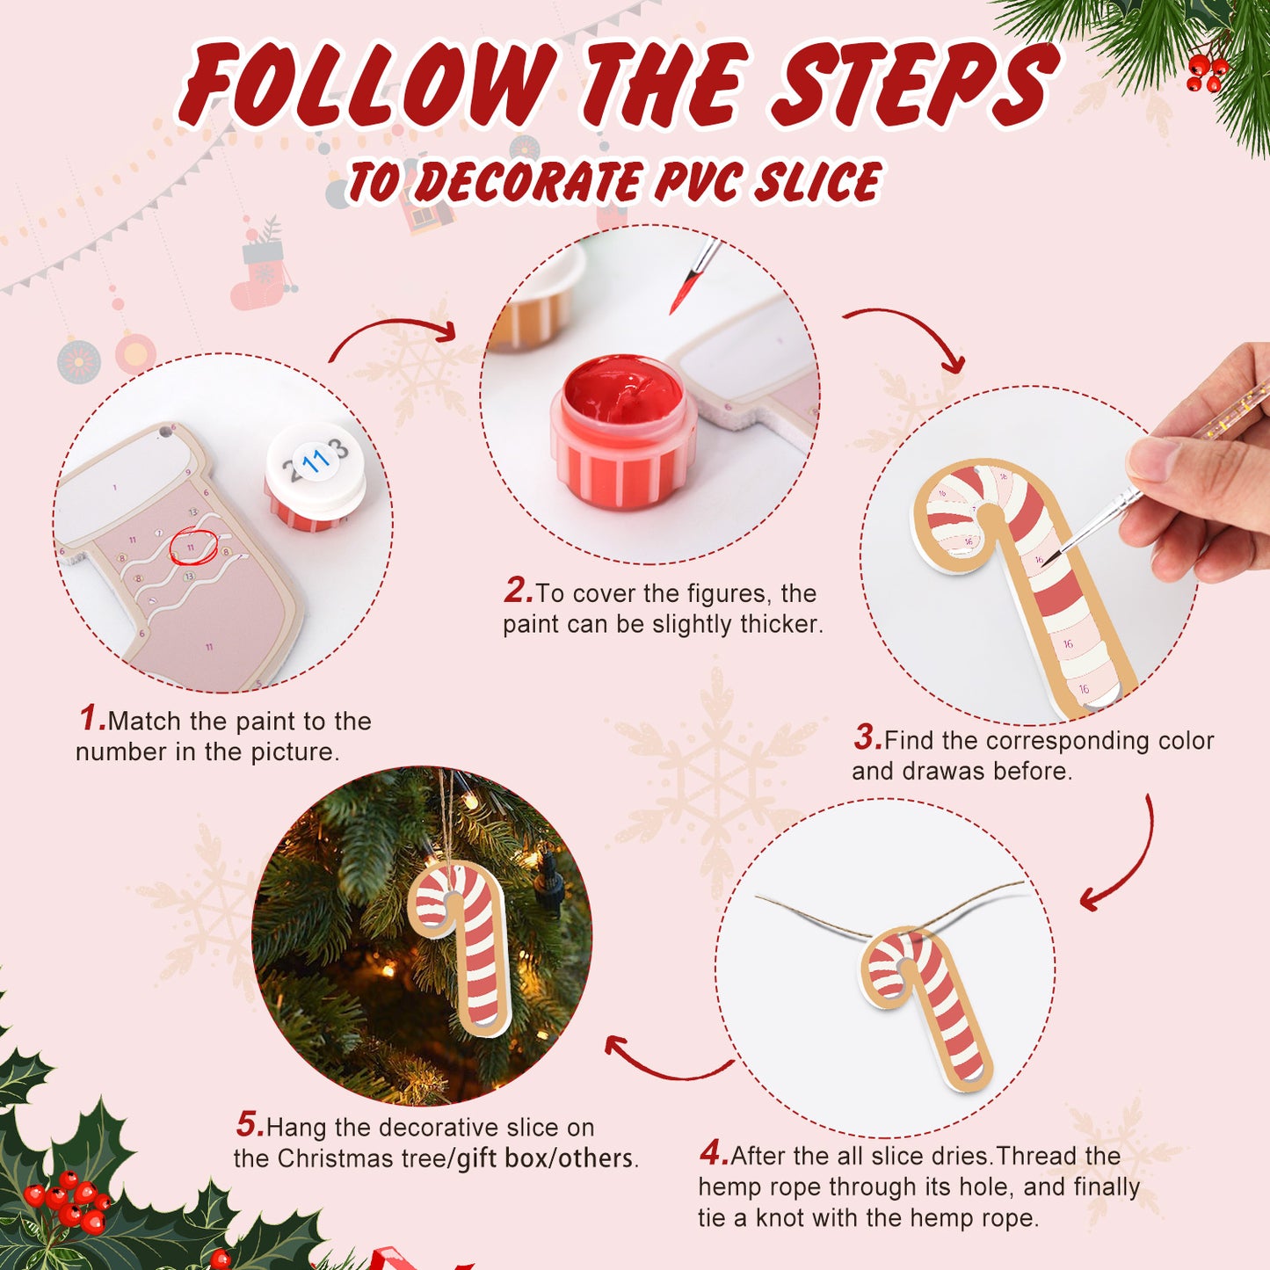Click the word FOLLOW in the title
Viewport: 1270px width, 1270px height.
click(x=369, y=84)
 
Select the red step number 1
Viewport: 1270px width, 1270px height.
click(x=91, y=719)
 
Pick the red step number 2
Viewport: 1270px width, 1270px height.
click(x=518, y=591)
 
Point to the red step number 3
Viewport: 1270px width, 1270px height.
click(x=867, y=738)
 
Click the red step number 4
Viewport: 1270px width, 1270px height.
click(x=713, y=1153)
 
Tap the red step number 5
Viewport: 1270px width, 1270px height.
click(x=249, y=1125)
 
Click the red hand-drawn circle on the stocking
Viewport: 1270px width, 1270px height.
click(x=192, y=548)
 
